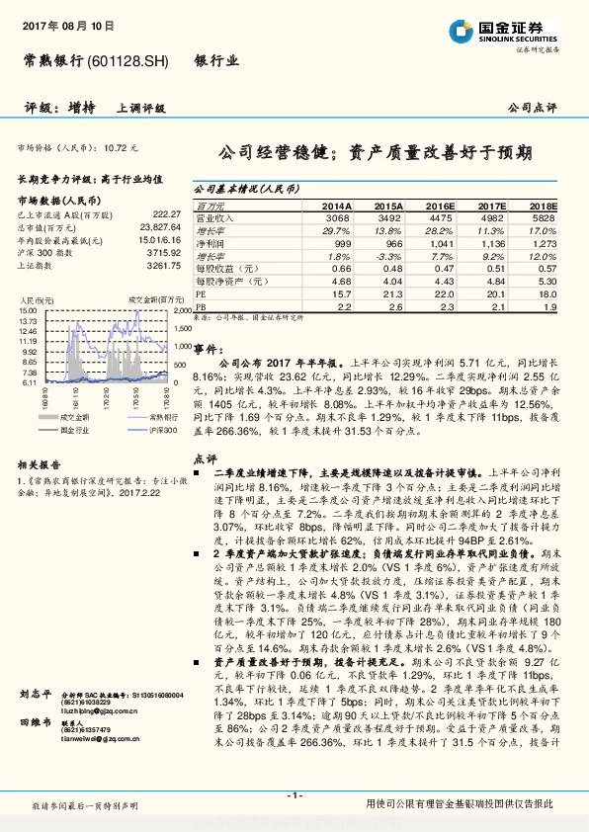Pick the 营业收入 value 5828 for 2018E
[x=544, y=216]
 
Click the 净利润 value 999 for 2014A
[x=343, y=242]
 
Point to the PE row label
[x=201, y=294]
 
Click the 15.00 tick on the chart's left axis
[x=30, y=311]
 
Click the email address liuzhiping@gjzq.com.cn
[x=97, y=737]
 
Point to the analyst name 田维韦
[x=34, y=751]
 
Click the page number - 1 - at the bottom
[x=294, y=795]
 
